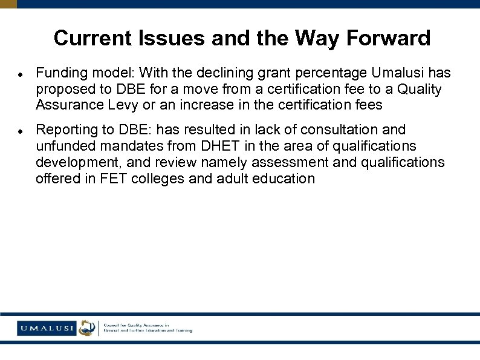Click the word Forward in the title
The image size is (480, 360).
point(388,38)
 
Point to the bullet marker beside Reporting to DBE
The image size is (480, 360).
point(20,131)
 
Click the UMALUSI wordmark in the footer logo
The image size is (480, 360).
point(45,329)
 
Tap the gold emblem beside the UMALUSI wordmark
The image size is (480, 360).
point(87,328)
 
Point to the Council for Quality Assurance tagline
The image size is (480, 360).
point(148,328)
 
